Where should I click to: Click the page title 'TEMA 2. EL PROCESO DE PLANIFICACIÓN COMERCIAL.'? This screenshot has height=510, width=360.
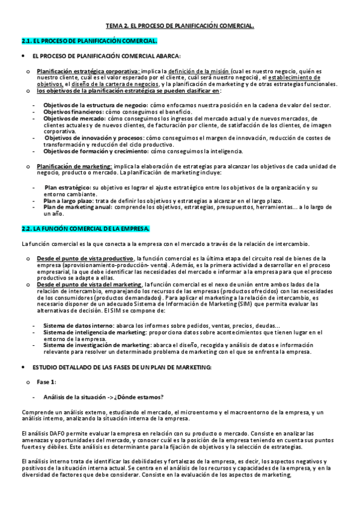tap(180, 26)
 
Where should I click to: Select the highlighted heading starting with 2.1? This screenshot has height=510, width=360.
tap(89, 41)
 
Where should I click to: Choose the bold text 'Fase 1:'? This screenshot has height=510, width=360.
tap(46, 382)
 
